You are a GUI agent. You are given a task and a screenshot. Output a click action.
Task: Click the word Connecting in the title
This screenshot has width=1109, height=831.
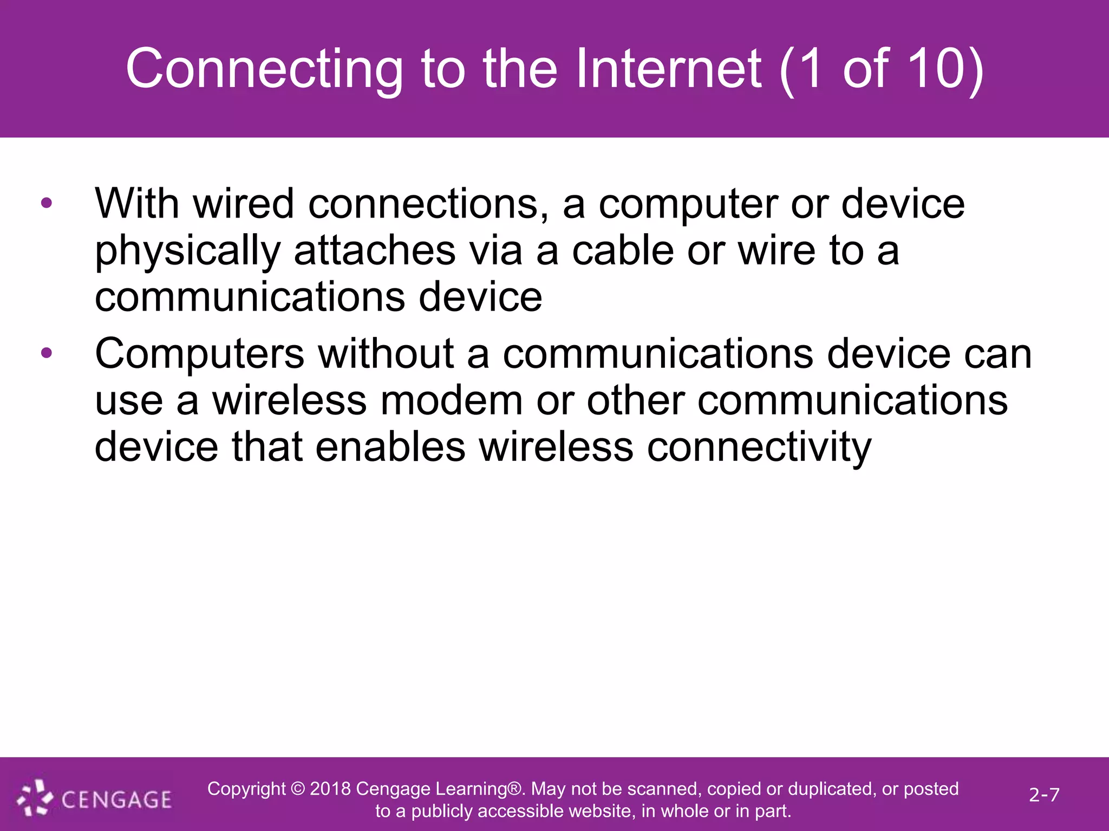(264, 69)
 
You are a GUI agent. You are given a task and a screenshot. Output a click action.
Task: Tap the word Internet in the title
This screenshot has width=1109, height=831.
(668, 69)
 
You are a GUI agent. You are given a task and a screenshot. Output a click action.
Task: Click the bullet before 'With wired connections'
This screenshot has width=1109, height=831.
(47, 203)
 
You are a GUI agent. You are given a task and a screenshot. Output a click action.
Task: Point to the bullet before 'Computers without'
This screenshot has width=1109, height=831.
(47, 354)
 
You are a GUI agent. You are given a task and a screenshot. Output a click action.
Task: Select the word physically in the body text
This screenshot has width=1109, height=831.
(187, 252)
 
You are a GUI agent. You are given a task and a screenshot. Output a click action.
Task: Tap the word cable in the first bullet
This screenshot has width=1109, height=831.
(623, 251)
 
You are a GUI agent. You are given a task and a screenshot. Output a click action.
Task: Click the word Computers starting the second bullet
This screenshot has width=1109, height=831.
(199, 354)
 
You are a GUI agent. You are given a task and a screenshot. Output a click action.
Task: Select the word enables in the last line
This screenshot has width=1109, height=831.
(390, 447)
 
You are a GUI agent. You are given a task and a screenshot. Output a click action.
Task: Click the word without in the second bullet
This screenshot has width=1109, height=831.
(386, 354)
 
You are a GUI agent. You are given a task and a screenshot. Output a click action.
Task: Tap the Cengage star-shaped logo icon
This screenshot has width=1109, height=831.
(35, 797)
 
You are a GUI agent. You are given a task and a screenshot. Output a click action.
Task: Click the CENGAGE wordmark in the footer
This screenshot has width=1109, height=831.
(116, 800)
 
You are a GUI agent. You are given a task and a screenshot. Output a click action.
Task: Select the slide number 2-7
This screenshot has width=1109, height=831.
(1044, 795)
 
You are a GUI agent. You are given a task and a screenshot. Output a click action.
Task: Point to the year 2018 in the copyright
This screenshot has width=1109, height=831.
(330, 789)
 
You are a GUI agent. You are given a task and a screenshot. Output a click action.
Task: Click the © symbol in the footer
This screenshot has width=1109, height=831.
(298, 789)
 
